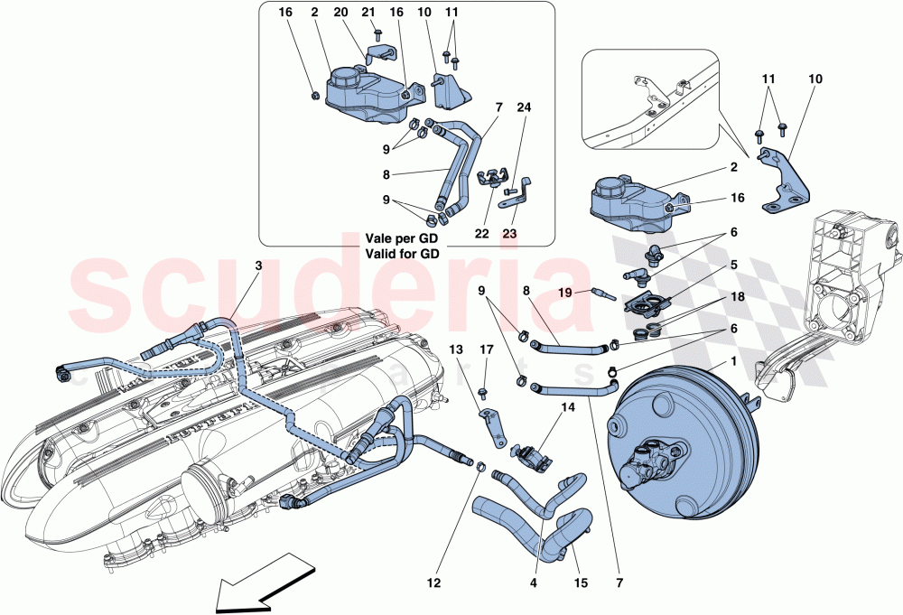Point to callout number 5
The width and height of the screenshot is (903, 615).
pos(733,266)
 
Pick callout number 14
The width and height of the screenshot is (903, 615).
pos(567,408)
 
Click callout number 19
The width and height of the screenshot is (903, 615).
pos(565,292)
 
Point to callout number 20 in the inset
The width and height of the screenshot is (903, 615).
pos(340,13)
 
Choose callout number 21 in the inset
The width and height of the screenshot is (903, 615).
pos(368,13)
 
